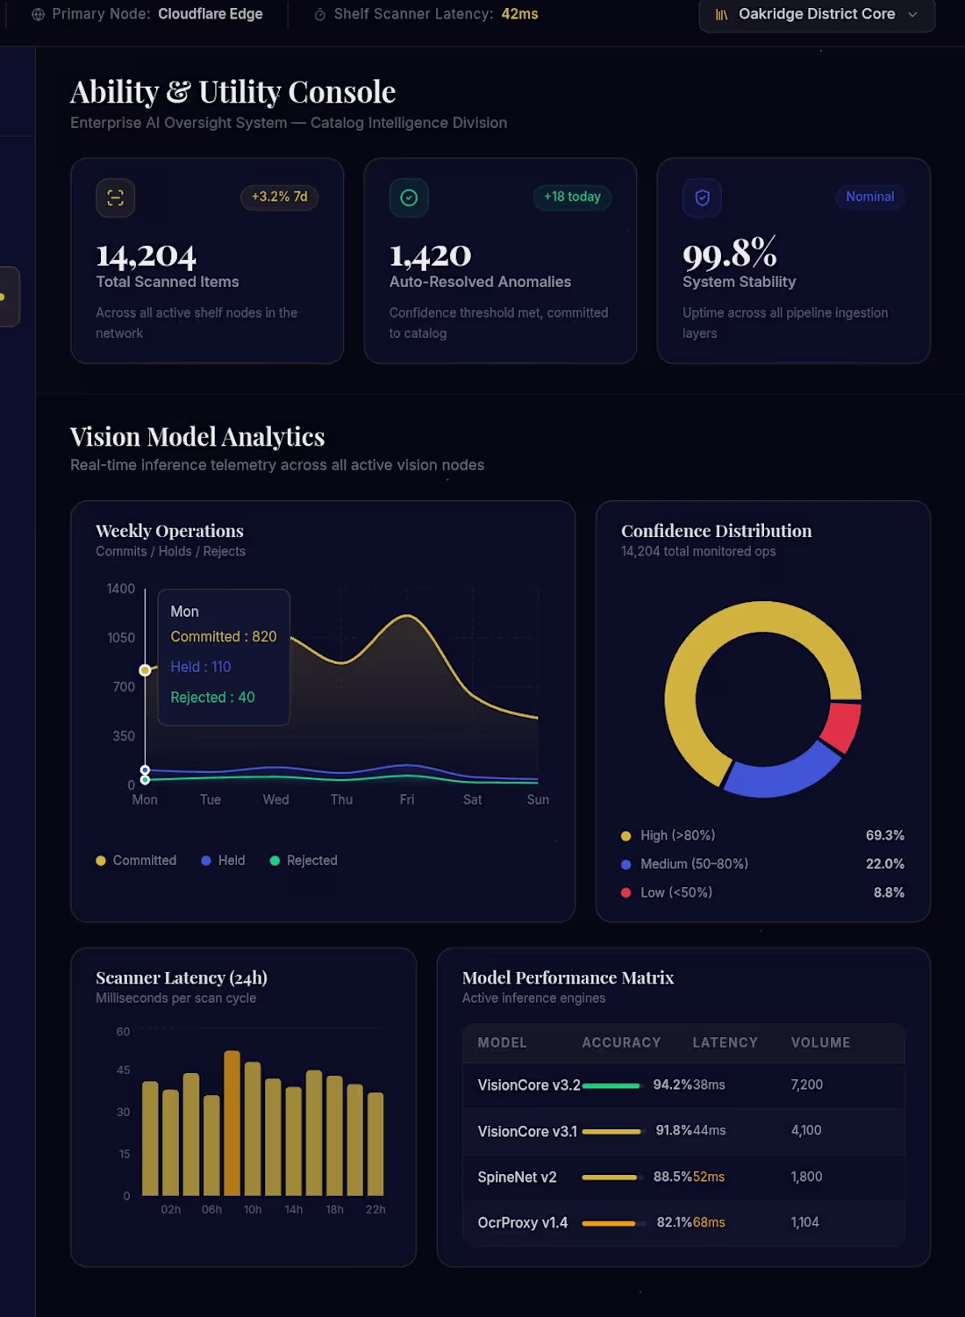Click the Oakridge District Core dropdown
pos(817,14)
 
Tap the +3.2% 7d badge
pos(279,197)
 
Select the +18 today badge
pos(572,197)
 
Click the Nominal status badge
pos(869,197)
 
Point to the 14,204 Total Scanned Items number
pos(146,255)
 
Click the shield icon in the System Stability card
pos(703,197)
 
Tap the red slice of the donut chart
pos(842,726)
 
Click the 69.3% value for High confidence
pos(884,835)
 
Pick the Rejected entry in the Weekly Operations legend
pos(304,861)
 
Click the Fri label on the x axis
pos(407,799)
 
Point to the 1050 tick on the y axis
pos(121,638)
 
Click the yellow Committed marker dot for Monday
pos(145,670)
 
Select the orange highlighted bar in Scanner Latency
pos(232,1123)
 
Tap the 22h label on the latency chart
pos(375,1209)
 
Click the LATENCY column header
pos(725,1042)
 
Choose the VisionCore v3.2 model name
pos(529,1084)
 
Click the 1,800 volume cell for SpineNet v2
pos(806,1177)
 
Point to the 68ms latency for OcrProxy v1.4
pos(709,1222)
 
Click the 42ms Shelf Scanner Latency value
pos(519,14)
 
